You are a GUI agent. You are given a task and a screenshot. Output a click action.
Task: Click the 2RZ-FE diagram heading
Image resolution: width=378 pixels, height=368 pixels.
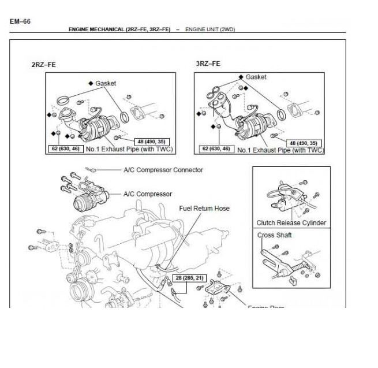[43, 65]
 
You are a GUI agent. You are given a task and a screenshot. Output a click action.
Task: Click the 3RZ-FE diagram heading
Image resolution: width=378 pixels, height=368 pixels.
[208, 64]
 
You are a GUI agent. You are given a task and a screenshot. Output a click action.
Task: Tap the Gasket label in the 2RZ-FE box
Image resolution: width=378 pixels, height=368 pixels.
[105, 83]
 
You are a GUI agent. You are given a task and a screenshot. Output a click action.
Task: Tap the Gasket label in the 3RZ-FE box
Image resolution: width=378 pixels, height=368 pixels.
[256, 76]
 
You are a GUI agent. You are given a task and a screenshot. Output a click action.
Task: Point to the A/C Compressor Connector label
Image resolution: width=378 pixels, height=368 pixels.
[163, 170]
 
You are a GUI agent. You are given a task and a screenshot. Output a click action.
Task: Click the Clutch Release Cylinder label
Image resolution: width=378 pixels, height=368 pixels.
[291, 222]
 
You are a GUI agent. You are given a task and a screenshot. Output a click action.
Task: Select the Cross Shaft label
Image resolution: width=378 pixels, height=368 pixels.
[274, 235]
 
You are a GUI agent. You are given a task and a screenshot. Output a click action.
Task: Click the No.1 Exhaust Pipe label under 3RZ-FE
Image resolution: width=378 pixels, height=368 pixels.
[286, 150]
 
